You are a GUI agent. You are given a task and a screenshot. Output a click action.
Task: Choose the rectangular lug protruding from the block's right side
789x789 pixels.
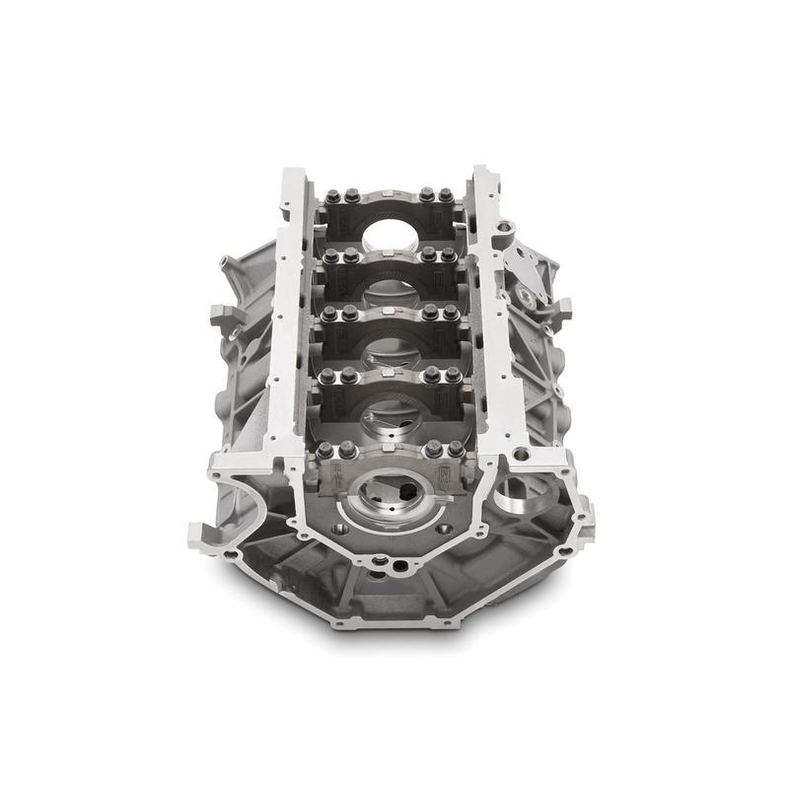(x=557, y=316)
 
